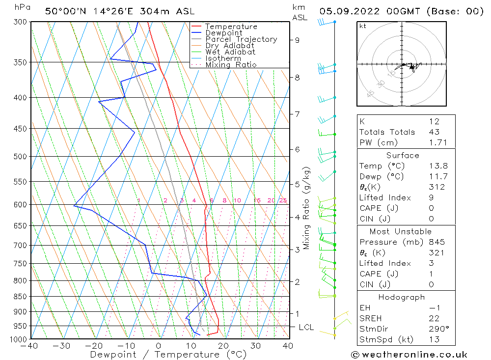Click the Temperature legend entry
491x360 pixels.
coord(231,27)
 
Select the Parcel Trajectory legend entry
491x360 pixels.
coord(241,39)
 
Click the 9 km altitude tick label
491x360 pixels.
coord(297,40)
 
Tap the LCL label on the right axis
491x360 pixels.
coord(304,327)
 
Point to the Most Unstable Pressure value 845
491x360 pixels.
coord(436,242)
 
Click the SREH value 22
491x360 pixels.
coord(434,318)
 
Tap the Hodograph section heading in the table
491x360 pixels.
coord(401,297)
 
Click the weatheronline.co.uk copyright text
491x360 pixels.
coord(409,355)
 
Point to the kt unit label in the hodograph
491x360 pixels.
coord(362,26)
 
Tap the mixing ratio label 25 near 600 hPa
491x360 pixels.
coord(283,200)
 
